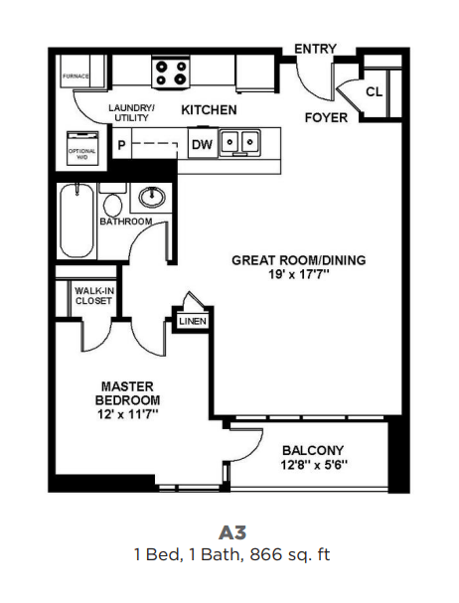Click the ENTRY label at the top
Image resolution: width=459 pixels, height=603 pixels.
click(315, 48)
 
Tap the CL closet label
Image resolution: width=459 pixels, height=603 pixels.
click(374, 91)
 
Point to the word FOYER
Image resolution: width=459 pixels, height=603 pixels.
click(326, 117)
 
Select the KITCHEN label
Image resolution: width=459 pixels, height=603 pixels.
click(209, 109)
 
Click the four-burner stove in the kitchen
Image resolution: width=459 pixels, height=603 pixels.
click(171, 73)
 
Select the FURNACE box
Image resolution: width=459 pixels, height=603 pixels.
click(76, 75)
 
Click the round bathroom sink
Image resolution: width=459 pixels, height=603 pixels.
click(153, 198)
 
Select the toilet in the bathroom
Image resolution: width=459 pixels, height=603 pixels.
click(112, 203)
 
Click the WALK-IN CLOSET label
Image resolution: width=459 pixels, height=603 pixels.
click(92, 295)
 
